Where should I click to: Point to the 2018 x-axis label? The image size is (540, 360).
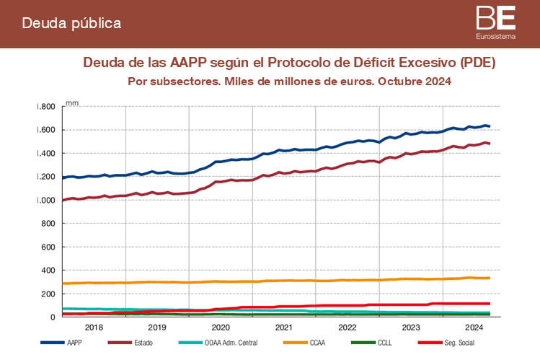pyautogui.click(x=94, y=327)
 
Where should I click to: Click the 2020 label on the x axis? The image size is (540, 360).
pyautogui.click(x=221, y=327)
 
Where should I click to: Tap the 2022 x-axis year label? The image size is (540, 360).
pyautogui.click(x=348, y=327)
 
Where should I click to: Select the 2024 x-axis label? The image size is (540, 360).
pyautogui.click(x=474, y=327)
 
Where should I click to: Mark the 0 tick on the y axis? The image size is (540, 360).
pyautogui.click(x=52, y=317)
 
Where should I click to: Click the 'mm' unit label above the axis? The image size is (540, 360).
pyautogui.click(x=72, y=103)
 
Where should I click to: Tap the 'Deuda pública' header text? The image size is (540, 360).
pyautogui.click(x=71, y=23)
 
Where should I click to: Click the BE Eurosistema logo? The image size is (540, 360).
pyautogui.click(x=496, y=22)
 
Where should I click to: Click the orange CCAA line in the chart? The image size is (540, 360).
pyautogui.click(x=288, y=281)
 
